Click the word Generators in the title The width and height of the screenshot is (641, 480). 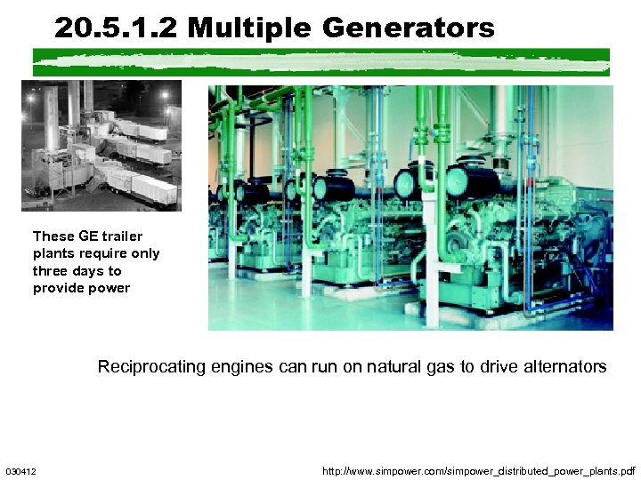click(408, 28)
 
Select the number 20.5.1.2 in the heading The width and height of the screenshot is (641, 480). click(117, 28)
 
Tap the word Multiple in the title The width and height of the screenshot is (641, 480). click(250, 28)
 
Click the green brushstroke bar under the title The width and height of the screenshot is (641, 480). click(320, 61)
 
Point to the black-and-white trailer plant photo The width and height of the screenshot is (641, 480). click(101, 145)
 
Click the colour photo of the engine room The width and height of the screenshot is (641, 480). click(410, 208)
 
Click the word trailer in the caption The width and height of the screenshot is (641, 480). click(122, 236)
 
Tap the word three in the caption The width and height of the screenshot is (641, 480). click(51, 271)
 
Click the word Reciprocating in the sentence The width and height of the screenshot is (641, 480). click(150, 366)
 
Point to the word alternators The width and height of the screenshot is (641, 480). click(563, 366)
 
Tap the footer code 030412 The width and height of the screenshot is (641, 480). click(20, 470)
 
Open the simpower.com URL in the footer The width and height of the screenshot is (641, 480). click(479, 470)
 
